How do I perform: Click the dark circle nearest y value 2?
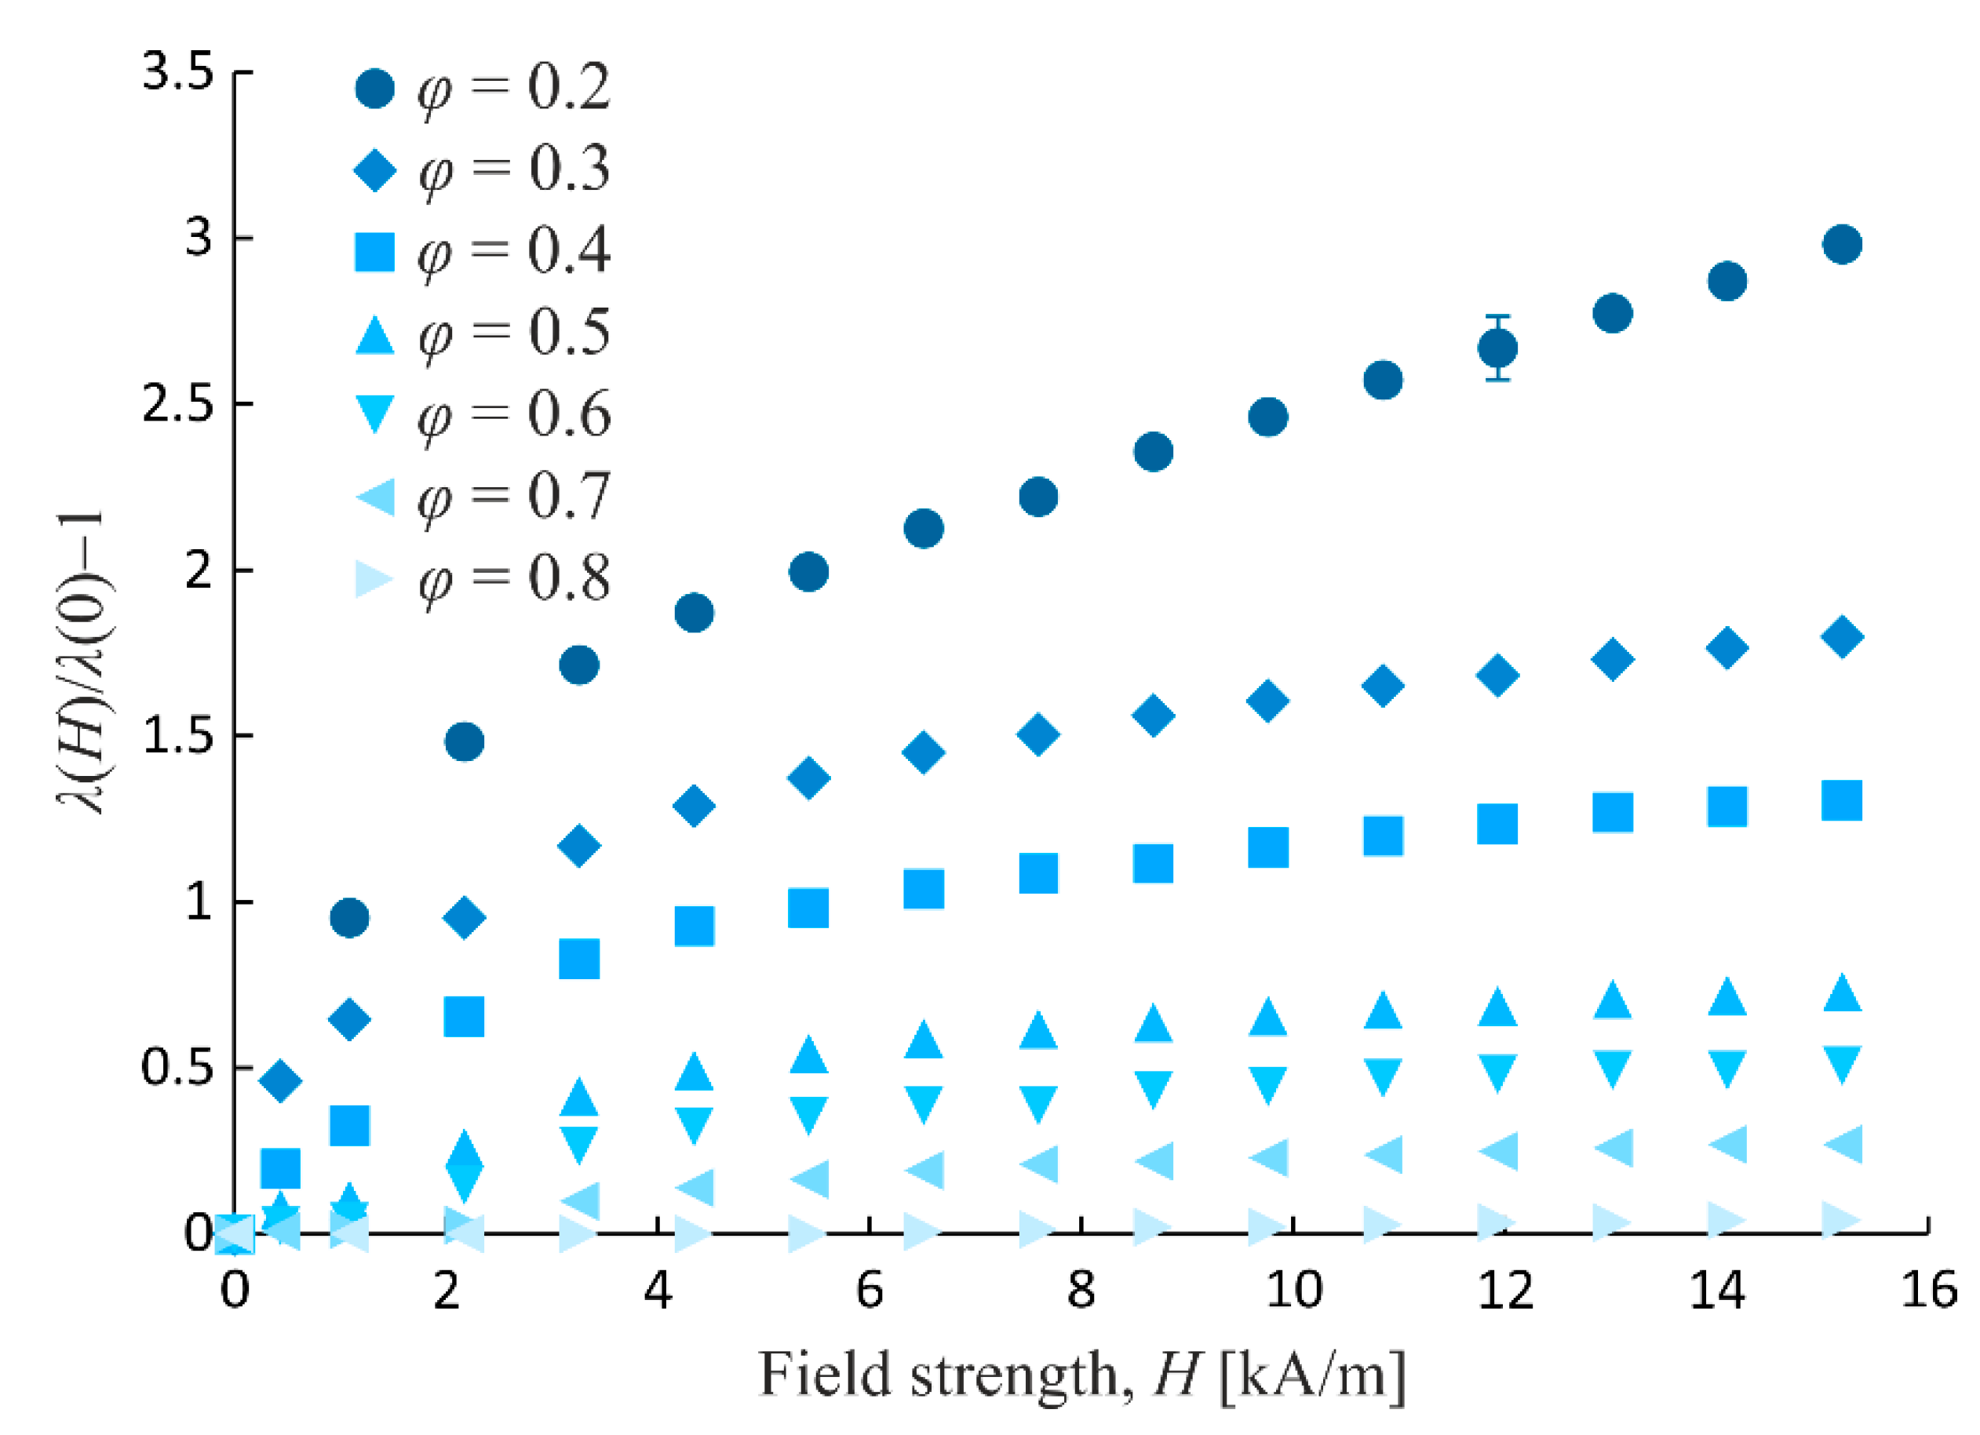point(809,573)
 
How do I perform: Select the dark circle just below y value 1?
point(350,918)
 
